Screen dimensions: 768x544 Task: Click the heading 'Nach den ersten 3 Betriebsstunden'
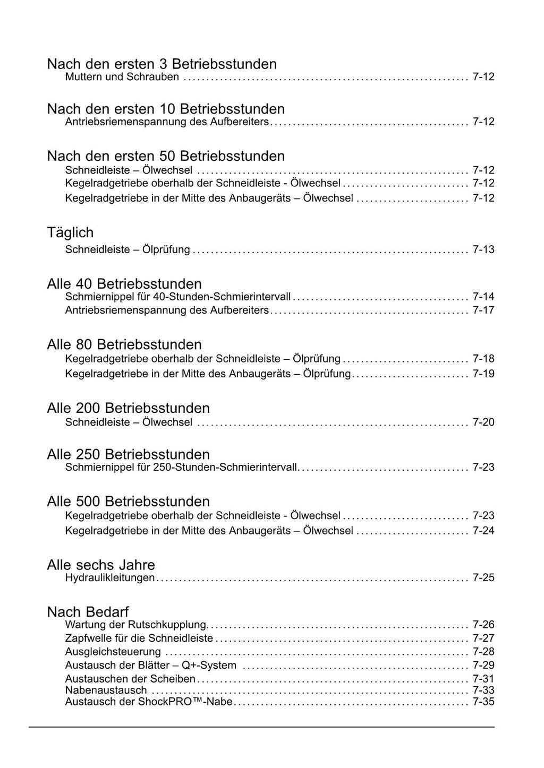161,64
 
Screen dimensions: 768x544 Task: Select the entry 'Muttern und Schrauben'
122,77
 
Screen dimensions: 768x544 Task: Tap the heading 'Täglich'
70,232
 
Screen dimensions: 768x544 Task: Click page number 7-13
483,249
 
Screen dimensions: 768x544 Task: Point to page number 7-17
483,310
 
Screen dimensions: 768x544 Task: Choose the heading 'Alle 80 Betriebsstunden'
124,344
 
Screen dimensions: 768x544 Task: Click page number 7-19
483,374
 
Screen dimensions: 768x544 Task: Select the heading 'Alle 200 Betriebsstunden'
128,408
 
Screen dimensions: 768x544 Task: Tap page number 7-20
483,422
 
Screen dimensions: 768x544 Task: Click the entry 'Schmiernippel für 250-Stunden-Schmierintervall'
181,468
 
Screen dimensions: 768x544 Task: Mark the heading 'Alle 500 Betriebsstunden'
128,502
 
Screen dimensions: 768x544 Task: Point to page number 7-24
483,531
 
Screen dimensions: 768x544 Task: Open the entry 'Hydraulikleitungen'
109,577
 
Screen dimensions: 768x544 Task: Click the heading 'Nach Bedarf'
88,612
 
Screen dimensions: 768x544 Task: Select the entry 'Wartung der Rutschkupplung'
135,625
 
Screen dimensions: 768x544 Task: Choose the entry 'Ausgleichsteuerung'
113,652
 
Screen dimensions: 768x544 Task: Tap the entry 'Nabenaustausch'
106,691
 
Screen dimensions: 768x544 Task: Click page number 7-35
483,702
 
